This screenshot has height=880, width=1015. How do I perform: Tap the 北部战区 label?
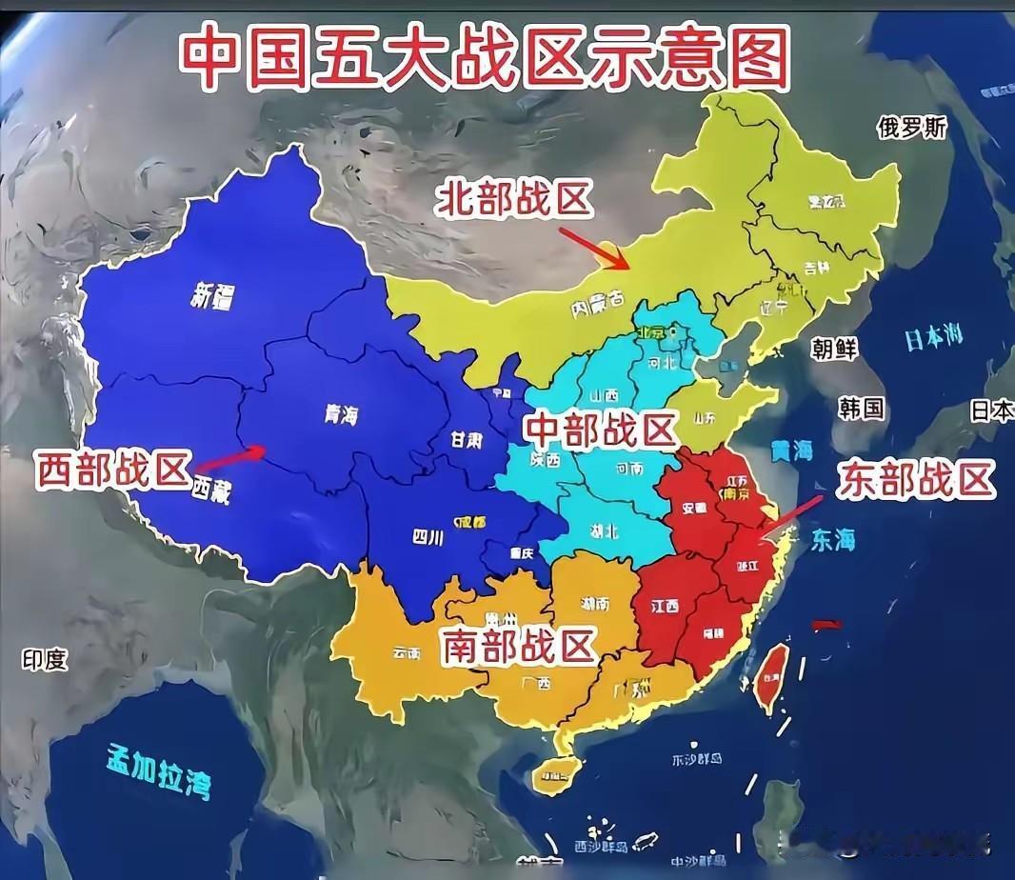pos(515,201)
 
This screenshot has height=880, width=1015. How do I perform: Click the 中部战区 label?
pos(599,430)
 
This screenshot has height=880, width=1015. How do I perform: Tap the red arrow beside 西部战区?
pos(232,458)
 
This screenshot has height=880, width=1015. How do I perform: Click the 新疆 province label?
pos(212,297)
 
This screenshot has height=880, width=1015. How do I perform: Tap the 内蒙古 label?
pos(596,308)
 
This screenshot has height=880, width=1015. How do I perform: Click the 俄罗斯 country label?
pos(912,128)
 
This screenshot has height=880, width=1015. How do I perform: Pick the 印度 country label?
pos(45,659)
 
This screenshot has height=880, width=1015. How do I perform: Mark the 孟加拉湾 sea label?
pos(159,770)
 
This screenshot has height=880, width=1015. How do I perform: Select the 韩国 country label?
pos(861,409)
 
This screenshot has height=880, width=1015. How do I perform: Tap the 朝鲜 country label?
pos(834,348)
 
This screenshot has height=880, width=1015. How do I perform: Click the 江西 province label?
pos(665,607)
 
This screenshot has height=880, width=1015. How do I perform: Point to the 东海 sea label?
pos(832,541)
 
